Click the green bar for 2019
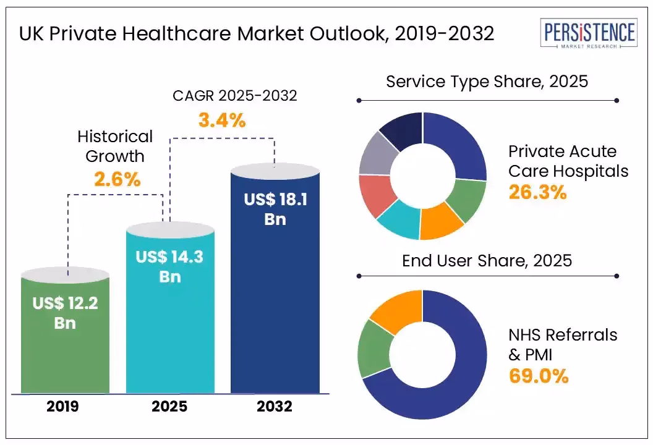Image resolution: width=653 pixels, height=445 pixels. point(65,346)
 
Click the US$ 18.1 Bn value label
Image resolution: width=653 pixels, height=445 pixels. point(275,210)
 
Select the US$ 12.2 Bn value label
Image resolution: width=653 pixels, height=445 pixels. point(65,313)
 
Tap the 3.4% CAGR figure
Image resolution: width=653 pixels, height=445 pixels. point(222,120)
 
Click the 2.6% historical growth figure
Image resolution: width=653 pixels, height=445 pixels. point(117,179)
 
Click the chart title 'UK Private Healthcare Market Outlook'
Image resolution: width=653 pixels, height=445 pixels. point(257,34)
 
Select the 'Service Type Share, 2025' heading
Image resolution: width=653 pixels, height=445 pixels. point(487,82)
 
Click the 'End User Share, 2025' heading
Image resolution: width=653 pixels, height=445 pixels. point(487,261)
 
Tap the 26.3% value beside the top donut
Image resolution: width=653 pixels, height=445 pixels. point(537,192)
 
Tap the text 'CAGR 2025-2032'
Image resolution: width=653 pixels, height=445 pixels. point(234,96)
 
